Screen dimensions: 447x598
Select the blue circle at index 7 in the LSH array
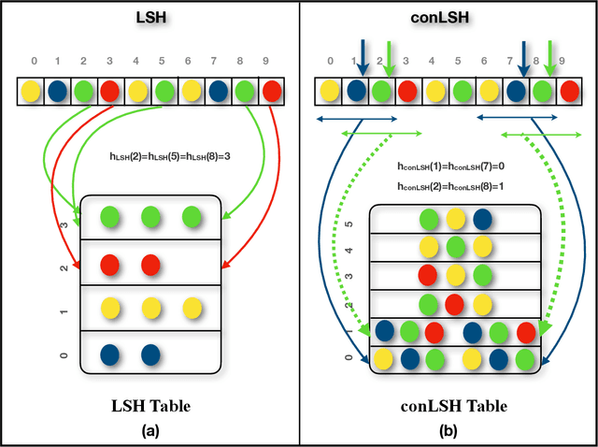(217, 92)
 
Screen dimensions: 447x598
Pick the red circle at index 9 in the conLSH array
(570, 92)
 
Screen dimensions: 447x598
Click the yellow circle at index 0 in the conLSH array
(330, 92)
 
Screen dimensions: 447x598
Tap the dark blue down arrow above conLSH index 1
(363, 56)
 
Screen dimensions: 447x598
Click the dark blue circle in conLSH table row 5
(482, 219)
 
